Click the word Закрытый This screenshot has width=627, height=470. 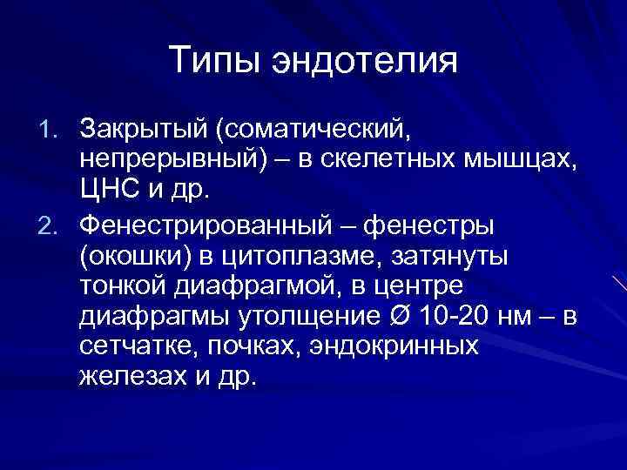point(145,130)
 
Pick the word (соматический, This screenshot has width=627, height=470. point(311,130)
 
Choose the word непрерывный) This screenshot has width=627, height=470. point(166,162)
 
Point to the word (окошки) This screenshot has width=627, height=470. point(131,258)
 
